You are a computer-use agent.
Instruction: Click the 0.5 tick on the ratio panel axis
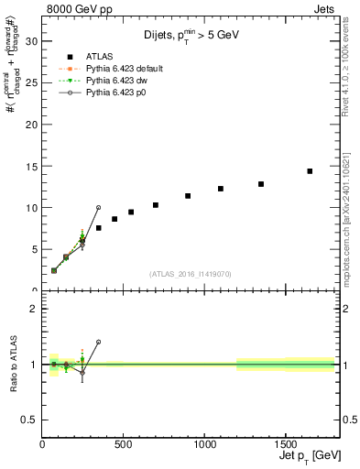29,420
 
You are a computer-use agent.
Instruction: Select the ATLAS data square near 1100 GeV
221,189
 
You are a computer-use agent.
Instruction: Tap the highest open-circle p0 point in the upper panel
98,208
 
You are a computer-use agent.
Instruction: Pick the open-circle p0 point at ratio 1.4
98,342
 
